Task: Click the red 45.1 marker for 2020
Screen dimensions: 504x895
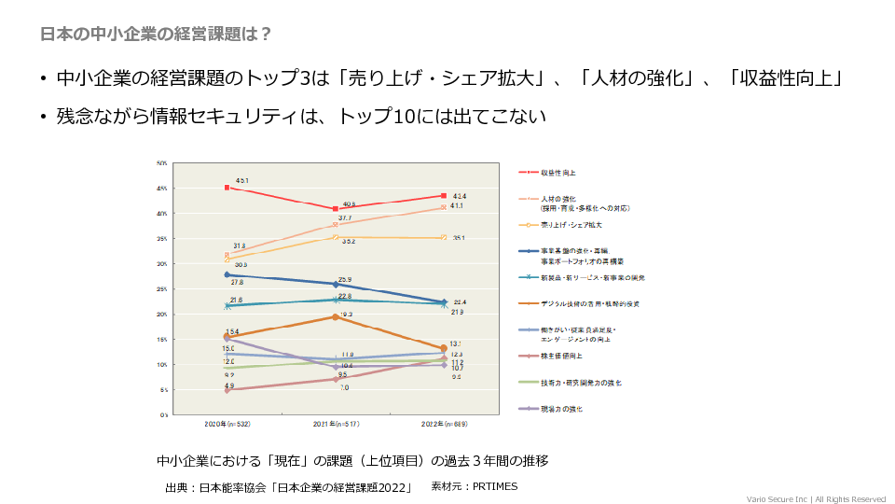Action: [227, 188]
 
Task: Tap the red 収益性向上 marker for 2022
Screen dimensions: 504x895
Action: [444, 196]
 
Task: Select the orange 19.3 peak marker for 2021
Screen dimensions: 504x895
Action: [336, 317]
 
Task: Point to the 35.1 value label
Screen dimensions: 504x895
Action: [459, 238]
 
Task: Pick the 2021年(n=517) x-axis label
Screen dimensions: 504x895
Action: [336, 424]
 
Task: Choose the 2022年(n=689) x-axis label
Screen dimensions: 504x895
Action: [444, 424]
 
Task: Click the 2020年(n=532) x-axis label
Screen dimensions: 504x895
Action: [227, 424]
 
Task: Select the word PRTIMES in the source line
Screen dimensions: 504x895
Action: [494, 486]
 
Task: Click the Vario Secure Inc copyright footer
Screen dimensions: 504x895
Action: [816, 498]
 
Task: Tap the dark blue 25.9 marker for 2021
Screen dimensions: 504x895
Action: [336, 284]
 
